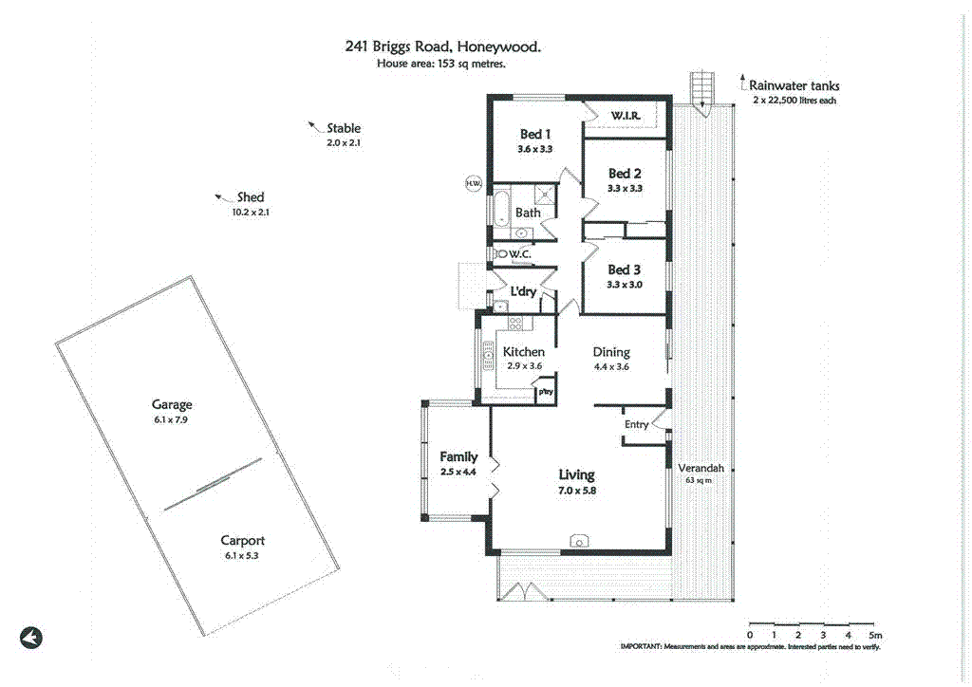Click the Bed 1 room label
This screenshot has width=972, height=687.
(x=535, y=135)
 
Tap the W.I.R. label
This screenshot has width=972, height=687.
(x=626, y=116)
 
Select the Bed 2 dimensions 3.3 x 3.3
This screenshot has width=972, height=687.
(x=626, y=188)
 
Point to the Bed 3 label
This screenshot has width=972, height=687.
(x=625, y=269)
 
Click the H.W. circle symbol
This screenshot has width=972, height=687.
(x=472, y=183)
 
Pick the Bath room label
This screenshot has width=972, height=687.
(x=528, y=213)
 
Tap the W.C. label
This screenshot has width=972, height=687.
(x=518, y=254)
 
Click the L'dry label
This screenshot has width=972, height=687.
(x=524, y=291)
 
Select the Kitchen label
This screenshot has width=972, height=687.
(x=523, y=352)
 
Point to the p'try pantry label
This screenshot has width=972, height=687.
(x=546, y=391)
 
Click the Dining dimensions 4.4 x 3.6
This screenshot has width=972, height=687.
(x=611, y=366)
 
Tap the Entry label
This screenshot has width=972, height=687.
(x=636, y=424)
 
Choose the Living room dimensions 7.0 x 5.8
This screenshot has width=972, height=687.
(x=576, y=491)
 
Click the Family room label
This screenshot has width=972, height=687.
(x=458, y=457)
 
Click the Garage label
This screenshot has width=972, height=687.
(x=171, y=404)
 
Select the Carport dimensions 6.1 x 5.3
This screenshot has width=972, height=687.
(x=241, y=556)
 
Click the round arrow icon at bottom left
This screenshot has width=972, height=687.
(x=31, y=638)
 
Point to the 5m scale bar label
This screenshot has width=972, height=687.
(x=875, y=634)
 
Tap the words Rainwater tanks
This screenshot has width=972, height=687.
(x=794, y=85)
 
